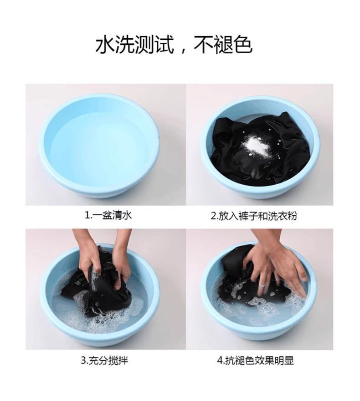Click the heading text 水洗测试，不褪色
point(174,45)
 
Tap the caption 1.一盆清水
point(108,216)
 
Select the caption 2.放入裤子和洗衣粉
point(254,216)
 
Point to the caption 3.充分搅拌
point(104,360)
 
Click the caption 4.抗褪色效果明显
point(256,360)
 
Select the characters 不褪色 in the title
point(223,45)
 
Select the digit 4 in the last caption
point(219,361)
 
